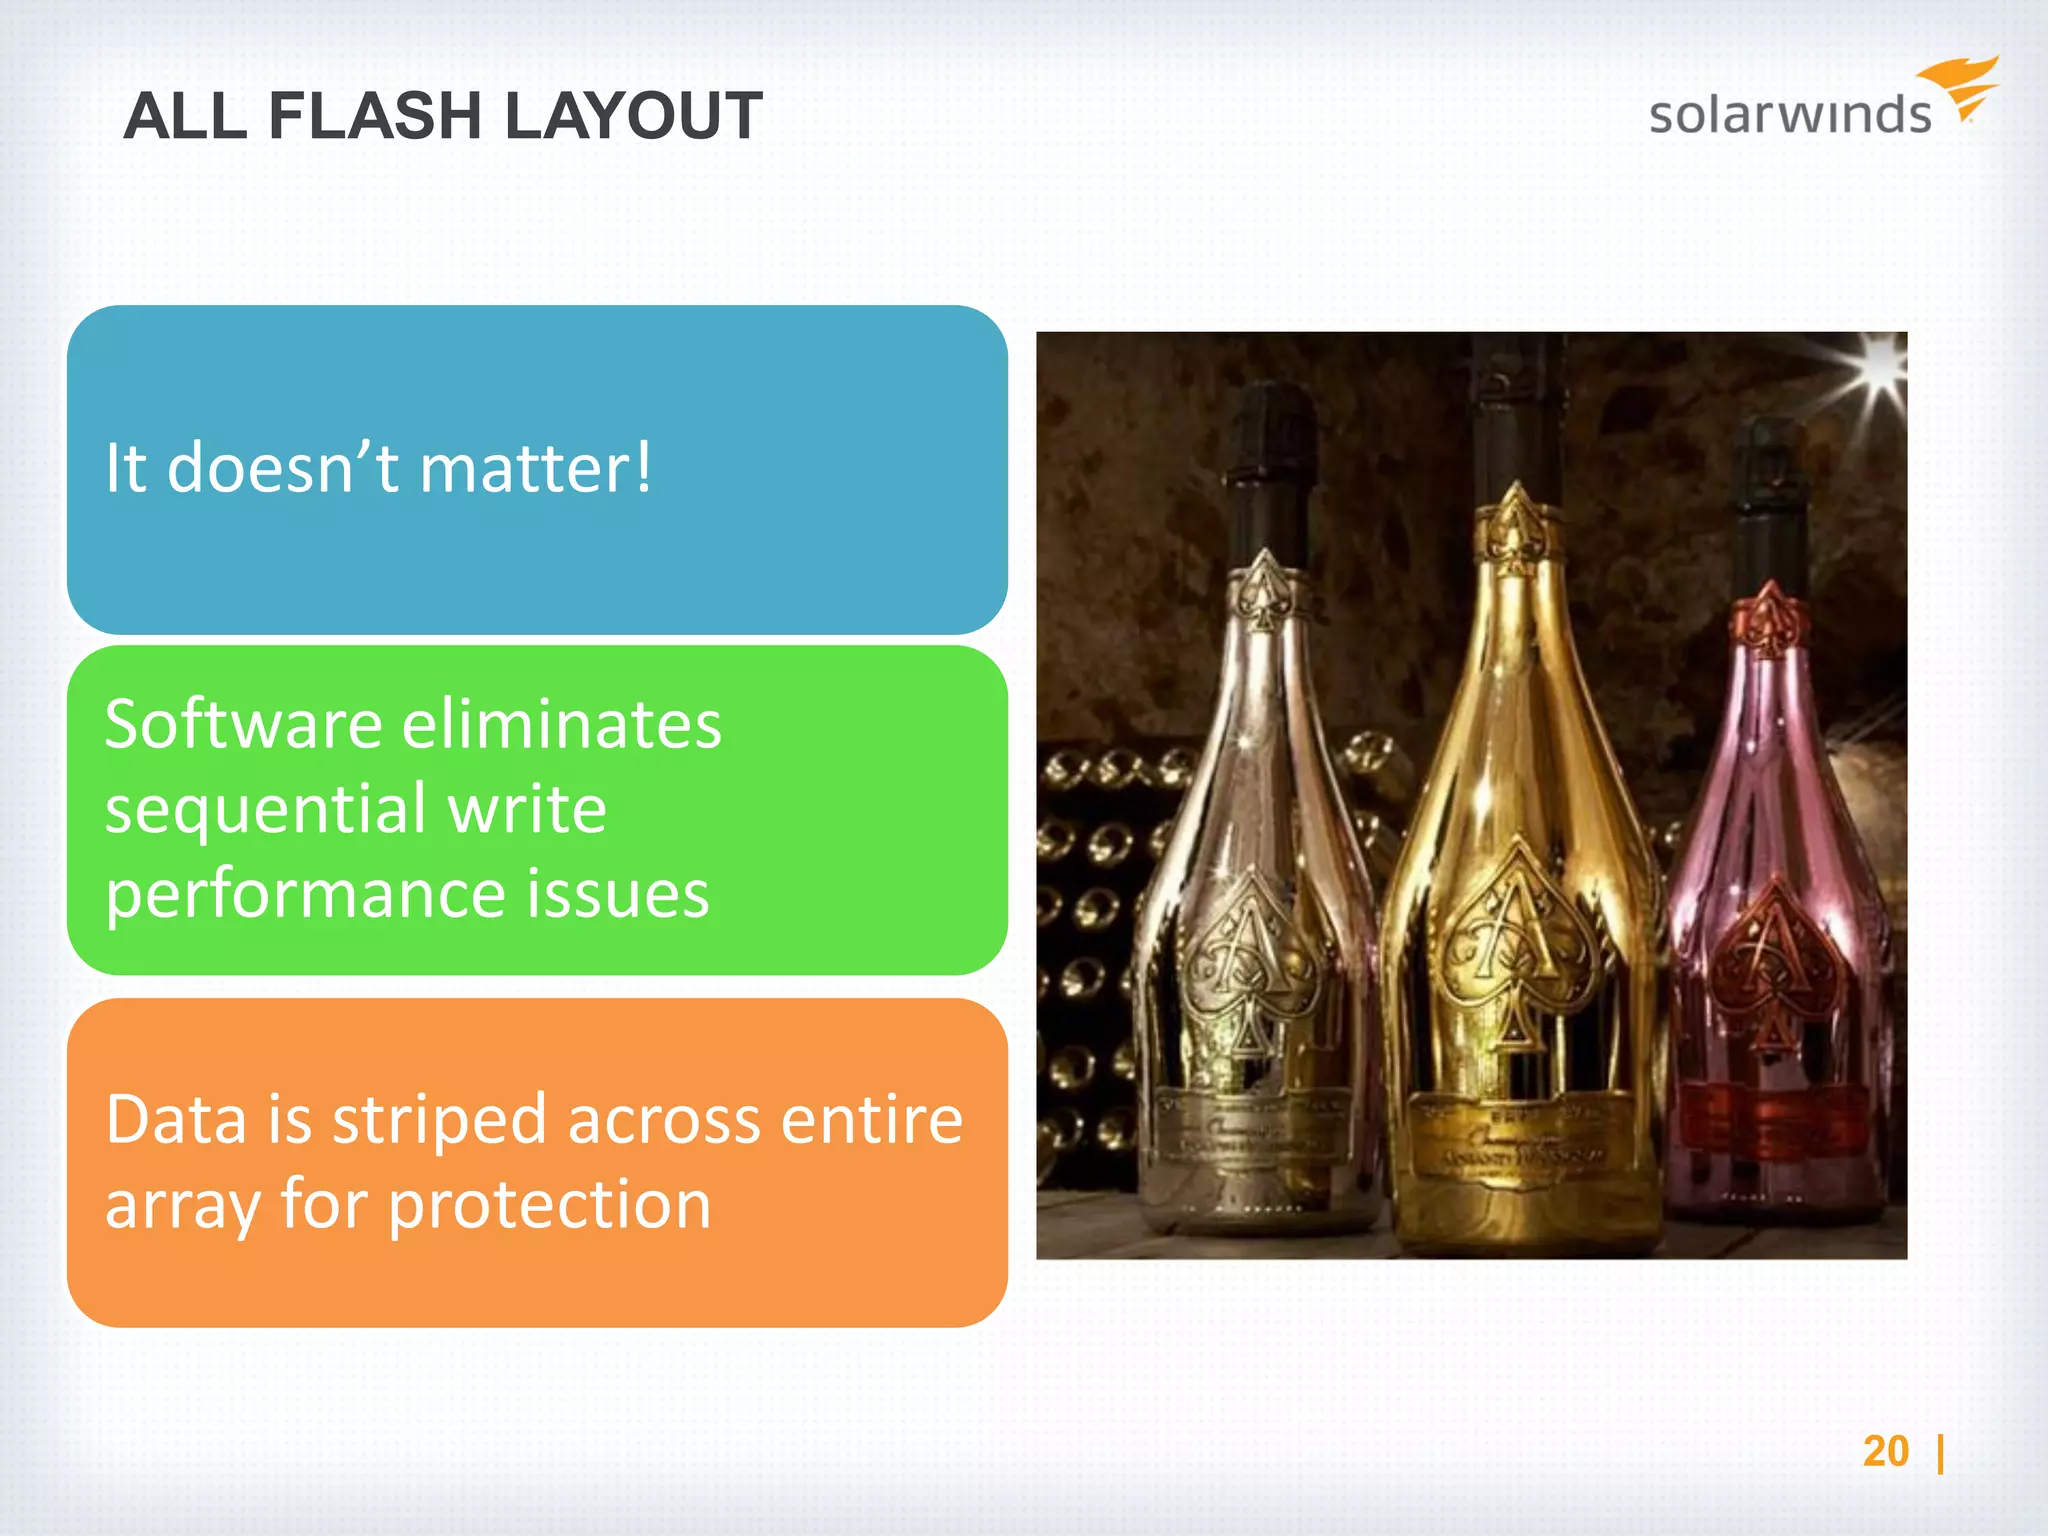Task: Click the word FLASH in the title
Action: point(375,116)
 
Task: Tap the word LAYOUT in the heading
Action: point(633,116)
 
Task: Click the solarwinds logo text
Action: point(1789,114)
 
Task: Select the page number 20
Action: point(1886,1451)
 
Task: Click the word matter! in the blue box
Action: point(536,467)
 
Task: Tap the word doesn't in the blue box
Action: point(283,467)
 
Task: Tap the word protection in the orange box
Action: point(549,1204)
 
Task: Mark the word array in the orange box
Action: point(184,1204)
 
